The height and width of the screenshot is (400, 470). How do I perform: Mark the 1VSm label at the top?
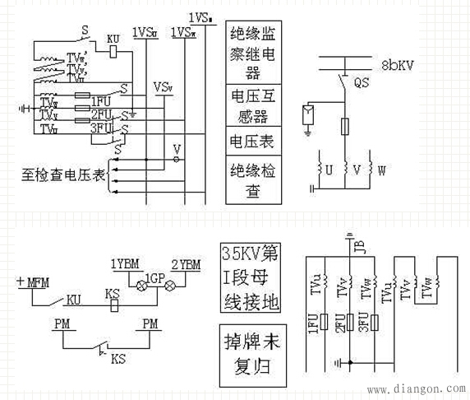coord(200,16)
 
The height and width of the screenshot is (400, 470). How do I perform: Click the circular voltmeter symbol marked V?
coord(175,151)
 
